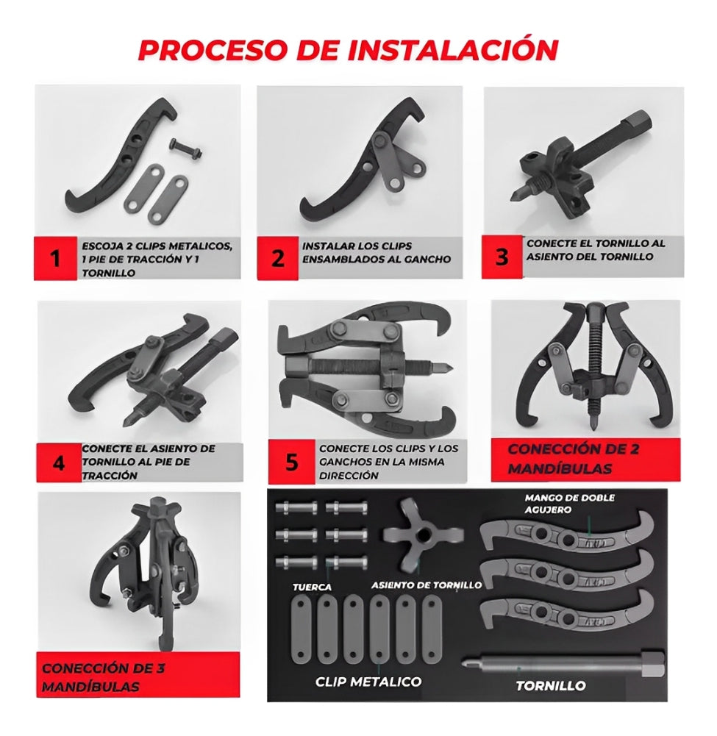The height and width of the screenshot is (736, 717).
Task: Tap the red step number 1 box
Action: point(55,258)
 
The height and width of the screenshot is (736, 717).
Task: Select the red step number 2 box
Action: point(277,258)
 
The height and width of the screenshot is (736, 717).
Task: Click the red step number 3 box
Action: point(502,257)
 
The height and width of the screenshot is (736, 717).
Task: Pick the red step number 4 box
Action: point(59,462)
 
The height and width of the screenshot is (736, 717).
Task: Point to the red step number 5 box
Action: point(292,462)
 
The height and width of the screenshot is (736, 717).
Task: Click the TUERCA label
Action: point(313,587)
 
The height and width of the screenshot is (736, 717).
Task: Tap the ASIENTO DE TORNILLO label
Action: point(427,585)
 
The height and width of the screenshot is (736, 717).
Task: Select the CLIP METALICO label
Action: point(368,681)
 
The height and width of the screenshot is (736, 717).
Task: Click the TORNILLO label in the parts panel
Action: point(550,686)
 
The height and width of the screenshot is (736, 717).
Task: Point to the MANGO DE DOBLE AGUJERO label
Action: point(570,503)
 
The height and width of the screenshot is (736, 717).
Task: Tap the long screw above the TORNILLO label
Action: point(563,664)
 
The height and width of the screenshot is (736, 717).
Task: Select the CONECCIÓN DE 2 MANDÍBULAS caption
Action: point(574,459)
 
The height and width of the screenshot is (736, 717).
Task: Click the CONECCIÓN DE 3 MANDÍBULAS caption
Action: point(103,677)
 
